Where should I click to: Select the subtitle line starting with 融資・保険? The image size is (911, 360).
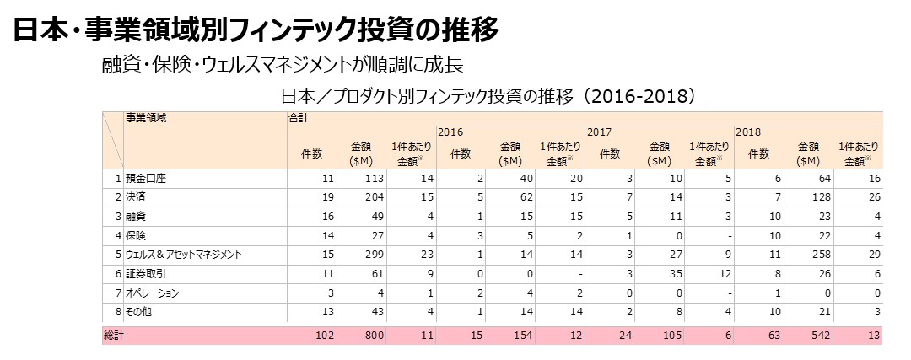[x=281, y=65]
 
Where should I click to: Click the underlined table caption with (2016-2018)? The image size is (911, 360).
[x=492, y=96]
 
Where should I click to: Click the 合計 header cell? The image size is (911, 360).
[x=299, y=118]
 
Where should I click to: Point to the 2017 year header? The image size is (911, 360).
[x=599, y=133]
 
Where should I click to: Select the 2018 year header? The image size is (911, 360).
[x=747, y=133]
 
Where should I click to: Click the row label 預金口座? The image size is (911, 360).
[x=147, y=178]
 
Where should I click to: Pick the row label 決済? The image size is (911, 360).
[x=136, y=196]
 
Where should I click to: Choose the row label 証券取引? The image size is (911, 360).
[x=147, y=273]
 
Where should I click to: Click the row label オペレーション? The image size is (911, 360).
[x=153, y=293]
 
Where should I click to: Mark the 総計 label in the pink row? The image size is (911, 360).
[x=113, y=336]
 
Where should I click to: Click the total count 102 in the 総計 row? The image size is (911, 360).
[x=324, y=336]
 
